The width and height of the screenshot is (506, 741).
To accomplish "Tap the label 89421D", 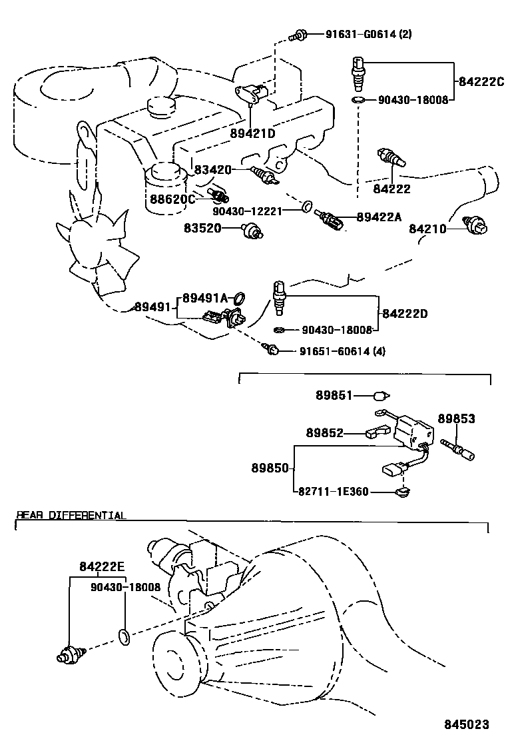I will coord(253,133).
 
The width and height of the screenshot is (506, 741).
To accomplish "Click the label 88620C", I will coord(171,199).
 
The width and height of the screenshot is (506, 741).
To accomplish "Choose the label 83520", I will coord(202,229).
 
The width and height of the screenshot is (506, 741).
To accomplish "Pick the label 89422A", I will coord(379,216).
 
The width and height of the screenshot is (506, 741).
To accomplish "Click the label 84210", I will coord(427,229).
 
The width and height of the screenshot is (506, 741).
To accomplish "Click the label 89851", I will coord(334,395).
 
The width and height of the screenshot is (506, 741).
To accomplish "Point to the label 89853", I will coord(456,418).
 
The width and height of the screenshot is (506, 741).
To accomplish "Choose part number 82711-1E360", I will coord(332,492).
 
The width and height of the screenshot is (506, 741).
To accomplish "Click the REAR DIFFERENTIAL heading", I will coord(71,515).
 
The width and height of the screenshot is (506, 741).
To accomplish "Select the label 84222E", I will coord(102,567).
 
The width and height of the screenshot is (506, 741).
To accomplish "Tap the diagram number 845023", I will coord(467,724).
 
